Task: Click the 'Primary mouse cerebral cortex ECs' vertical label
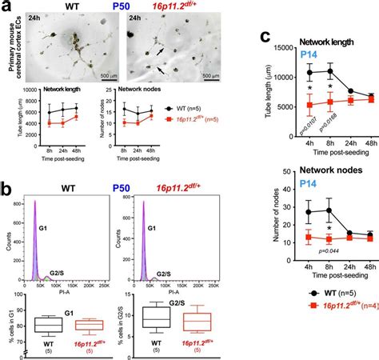[16, 44]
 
